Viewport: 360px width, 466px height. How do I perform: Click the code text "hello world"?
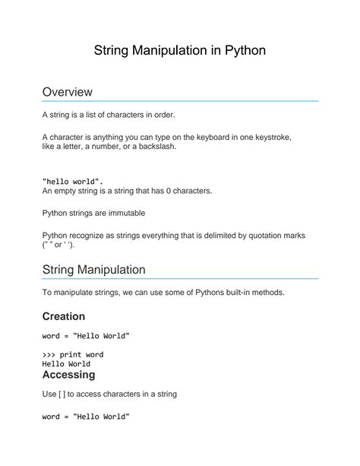[73, 182]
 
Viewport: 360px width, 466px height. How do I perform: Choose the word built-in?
[228, 293]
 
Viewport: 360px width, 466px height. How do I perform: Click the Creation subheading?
[63, 315]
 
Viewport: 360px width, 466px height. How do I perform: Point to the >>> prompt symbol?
[49, 354]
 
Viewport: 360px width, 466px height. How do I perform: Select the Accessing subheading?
[68, 375]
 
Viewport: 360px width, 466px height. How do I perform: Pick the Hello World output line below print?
[67, 364]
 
